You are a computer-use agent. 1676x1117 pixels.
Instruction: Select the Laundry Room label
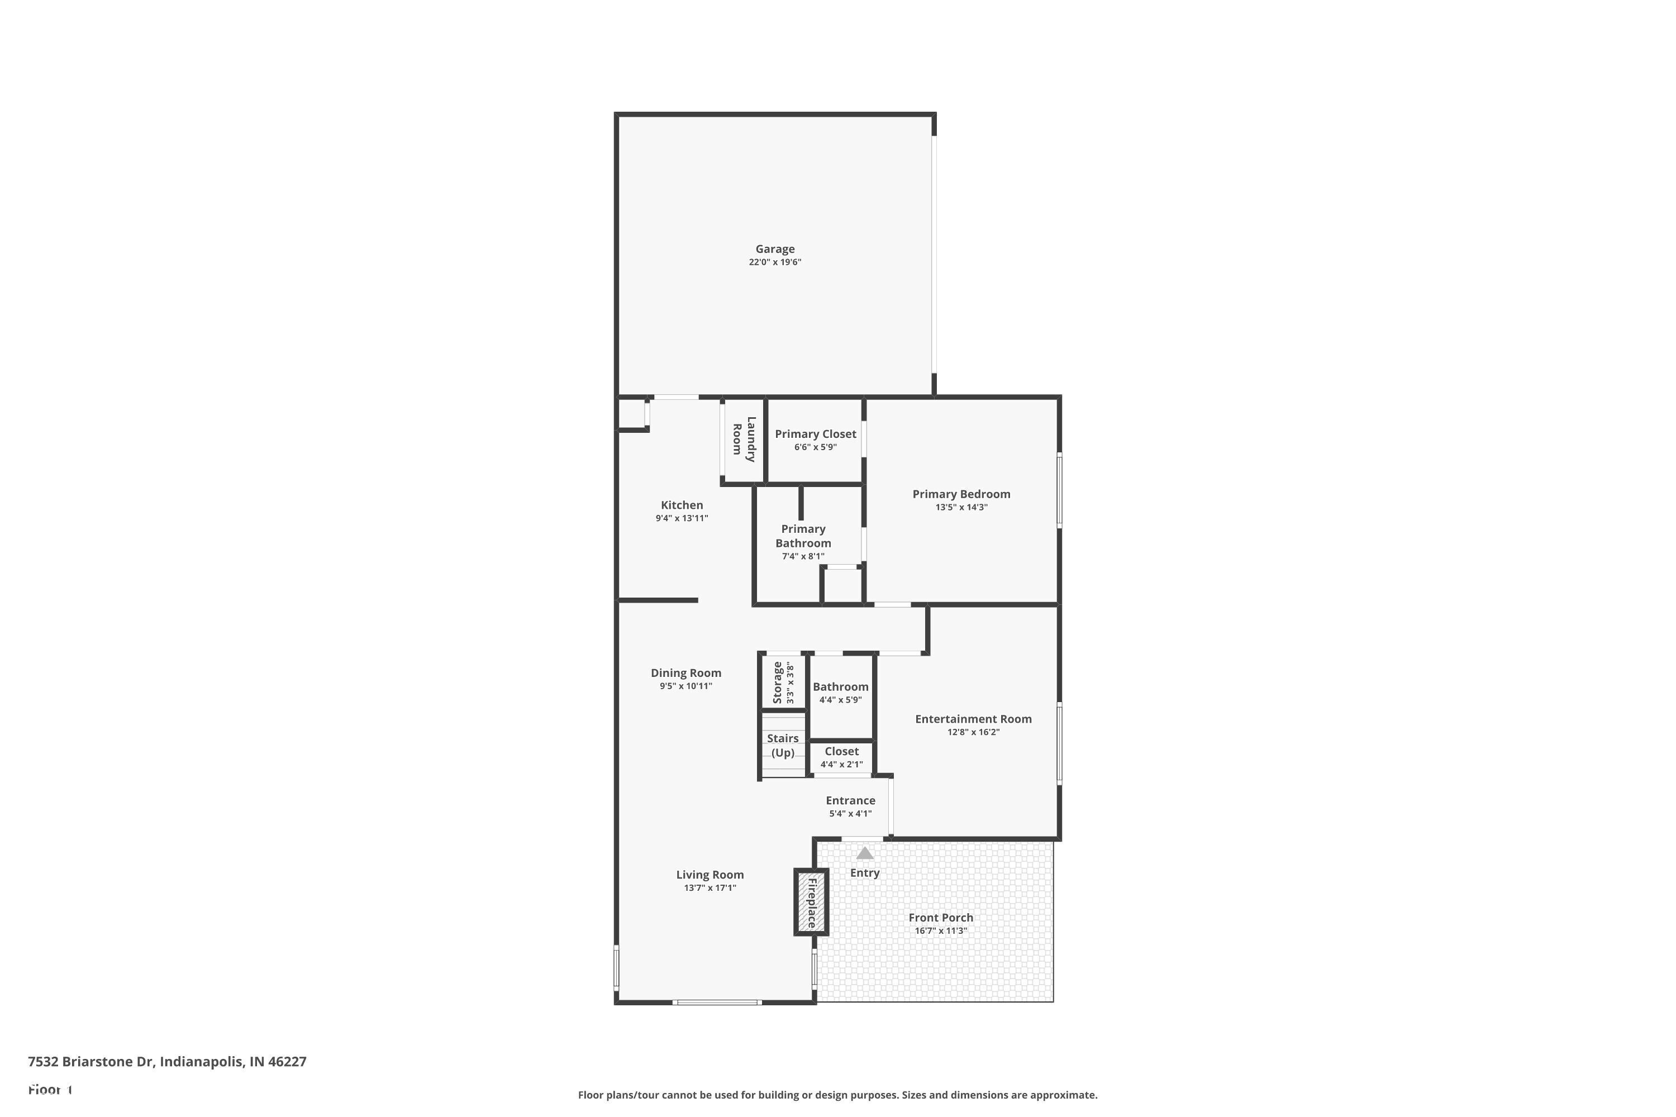tap(744, 439)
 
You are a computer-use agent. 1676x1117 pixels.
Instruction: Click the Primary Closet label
tap(815, 434)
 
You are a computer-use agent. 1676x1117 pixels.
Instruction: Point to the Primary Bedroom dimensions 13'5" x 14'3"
tap(961, 507)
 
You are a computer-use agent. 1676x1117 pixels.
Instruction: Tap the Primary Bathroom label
tap(803, 536)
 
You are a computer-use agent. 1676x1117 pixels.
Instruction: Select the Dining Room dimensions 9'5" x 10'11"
tap(685, 686)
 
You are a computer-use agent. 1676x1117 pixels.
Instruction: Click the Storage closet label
tap(778, 682)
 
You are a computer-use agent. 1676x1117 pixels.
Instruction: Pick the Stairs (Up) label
tap(783, 745)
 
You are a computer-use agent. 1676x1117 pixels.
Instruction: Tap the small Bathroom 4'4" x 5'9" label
tap(840, 687)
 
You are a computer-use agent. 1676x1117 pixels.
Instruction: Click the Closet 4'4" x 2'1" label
tap(841, 752)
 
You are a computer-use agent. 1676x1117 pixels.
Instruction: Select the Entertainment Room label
tap(973, 719)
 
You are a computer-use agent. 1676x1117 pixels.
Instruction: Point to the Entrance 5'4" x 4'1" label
tap(850, 801)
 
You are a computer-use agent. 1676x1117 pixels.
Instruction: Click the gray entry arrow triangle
tap(864, 853)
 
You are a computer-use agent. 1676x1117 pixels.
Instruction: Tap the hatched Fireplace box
tap(811, 902)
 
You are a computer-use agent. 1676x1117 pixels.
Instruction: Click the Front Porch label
tap(941, 918)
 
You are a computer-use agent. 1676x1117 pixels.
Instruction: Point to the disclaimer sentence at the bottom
tap(837, 1095)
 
